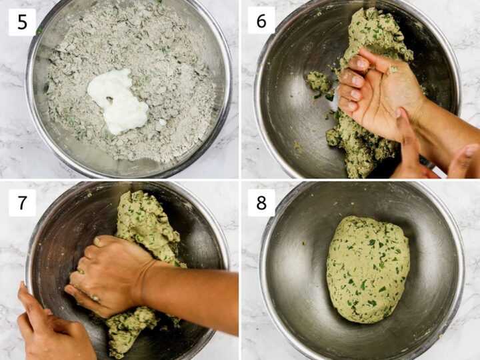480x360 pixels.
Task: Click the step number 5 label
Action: (x=22, y=22)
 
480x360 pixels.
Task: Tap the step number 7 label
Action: (x=22, y=202)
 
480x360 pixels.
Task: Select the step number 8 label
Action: (x=261, y=203)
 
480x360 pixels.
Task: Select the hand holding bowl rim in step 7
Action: (x=47, y=327)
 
